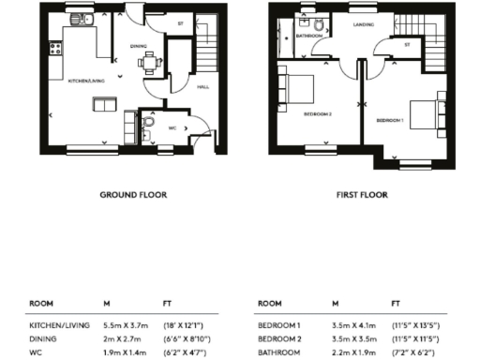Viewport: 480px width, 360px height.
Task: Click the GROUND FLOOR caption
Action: pos(133,196)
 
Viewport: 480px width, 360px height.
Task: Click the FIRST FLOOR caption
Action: pos(364,196)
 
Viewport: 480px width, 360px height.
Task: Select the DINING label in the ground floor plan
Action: pos(139,45)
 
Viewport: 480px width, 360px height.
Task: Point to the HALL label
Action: pos(202,87)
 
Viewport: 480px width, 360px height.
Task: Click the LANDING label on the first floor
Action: pos(364,26)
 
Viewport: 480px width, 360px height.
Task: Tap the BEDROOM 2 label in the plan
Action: pos(318,113)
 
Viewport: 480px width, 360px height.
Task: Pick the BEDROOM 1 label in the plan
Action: pos(389,122)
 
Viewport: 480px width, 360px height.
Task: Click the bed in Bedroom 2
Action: pos(302,88)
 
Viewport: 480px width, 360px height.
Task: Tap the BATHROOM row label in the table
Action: pos(278,353)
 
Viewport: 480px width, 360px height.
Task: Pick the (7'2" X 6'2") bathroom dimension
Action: pos(415,353)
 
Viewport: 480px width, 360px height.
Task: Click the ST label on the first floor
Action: pos(406,43)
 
